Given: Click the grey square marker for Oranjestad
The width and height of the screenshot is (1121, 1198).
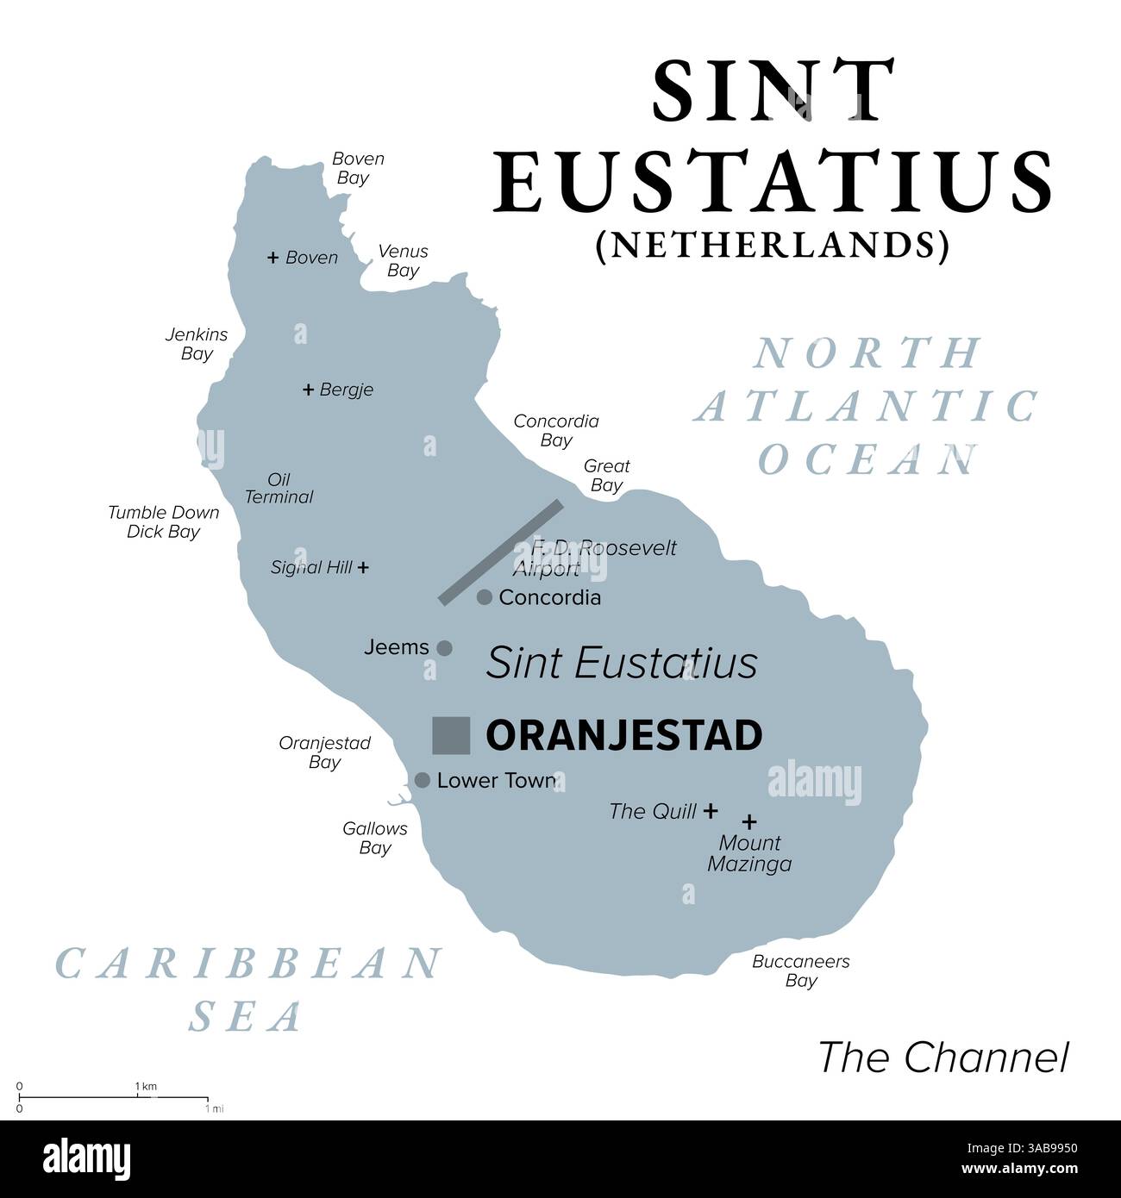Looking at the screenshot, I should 451,735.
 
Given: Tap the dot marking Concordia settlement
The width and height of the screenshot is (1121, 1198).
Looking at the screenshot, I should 485,596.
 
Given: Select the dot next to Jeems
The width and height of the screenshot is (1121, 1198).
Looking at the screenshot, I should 444,648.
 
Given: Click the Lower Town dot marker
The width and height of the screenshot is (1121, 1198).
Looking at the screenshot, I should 423,780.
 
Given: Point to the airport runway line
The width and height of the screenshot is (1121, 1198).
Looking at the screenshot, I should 501,552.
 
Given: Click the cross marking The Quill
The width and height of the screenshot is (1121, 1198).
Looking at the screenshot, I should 711,810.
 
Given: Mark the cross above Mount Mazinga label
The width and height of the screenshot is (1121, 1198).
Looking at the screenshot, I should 750,822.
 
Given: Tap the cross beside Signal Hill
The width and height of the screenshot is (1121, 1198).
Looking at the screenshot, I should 363,567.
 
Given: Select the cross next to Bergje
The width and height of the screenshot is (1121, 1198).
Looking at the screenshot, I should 308,390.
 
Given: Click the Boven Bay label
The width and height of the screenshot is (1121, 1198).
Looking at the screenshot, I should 357,168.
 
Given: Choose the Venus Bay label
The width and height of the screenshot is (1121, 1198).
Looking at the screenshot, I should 403,260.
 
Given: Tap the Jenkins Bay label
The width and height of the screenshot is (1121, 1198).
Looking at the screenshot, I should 197,343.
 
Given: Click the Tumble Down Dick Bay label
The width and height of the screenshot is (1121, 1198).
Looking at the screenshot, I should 163,521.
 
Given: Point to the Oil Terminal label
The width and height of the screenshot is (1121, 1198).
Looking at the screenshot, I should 279,488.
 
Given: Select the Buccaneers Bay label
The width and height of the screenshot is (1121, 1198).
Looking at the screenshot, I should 800,970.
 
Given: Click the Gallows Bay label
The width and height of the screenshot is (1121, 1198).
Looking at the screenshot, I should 375,838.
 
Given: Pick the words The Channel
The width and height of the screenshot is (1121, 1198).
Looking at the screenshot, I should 943,1058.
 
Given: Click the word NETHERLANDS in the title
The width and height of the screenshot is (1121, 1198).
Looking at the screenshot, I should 772,246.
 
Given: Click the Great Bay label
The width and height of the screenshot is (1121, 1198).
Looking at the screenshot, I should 606,475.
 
